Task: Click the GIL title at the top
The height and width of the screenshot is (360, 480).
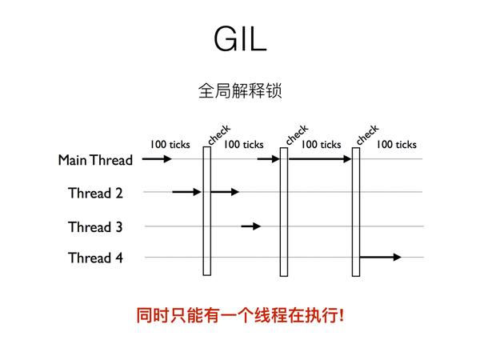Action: click(240, 39)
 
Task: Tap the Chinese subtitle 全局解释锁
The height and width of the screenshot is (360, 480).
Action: click(240, 90)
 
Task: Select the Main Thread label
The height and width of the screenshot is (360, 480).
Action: click(95, 160)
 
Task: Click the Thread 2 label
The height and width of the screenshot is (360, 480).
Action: click(95, 193)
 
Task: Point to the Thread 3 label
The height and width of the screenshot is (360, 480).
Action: click(95, 227)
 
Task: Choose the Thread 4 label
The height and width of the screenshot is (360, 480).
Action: click(95, 258)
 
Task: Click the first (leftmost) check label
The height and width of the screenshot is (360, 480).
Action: click(219, 134)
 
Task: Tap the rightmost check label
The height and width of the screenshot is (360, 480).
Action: click(367, 134)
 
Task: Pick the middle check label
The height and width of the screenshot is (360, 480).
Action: click(297, 134)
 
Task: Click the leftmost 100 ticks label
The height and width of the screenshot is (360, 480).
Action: click(170, 144)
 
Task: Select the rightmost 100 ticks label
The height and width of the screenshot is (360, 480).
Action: click(397, 144)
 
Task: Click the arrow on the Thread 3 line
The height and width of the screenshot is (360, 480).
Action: click(251, 226)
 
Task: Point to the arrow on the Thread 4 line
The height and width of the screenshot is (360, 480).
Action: click(381, 257)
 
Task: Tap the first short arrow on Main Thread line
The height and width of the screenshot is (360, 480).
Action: click(157, 159)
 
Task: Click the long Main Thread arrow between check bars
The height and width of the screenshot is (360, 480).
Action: click(320, 159)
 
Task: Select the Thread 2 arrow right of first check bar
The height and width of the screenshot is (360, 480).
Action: click(225, 192)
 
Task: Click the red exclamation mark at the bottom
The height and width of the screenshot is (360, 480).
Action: click(341, 315)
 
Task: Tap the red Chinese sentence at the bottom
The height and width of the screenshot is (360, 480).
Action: click(240, 315)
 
